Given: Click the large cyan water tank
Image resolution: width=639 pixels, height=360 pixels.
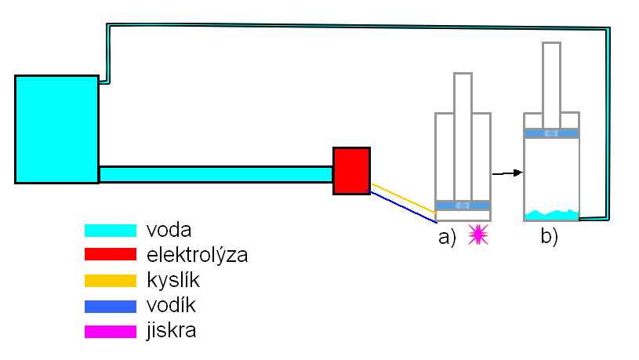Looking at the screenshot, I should [56, 129].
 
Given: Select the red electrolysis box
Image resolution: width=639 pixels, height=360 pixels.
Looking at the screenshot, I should [351, 170].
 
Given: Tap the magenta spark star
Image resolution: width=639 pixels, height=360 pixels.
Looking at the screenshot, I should [477, 235].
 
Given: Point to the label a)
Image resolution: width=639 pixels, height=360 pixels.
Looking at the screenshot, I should [447, 236].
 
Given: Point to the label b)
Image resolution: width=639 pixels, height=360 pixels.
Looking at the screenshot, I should [549, 236].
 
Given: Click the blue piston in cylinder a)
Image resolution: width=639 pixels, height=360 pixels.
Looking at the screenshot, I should [463, 205].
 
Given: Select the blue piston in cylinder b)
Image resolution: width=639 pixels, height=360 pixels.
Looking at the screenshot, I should [551, 133].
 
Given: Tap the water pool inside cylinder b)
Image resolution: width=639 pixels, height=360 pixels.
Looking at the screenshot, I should [551, 214].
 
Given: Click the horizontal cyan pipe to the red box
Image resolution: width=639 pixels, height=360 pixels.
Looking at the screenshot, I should [216, 173].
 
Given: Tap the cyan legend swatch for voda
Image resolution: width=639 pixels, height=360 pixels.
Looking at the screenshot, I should [110, 231].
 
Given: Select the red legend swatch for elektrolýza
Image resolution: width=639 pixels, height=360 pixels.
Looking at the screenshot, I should [110, 255].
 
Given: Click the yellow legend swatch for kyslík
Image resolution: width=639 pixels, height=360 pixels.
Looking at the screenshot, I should [110, 280].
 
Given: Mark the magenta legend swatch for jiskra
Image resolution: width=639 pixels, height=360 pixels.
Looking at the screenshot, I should [110, 331].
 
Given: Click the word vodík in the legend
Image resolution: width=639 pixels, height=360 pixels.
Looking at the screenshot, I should [171, 305].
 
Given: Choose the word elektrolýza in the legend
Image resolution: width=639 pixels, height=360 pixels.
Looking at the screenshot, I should [197, 256].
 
